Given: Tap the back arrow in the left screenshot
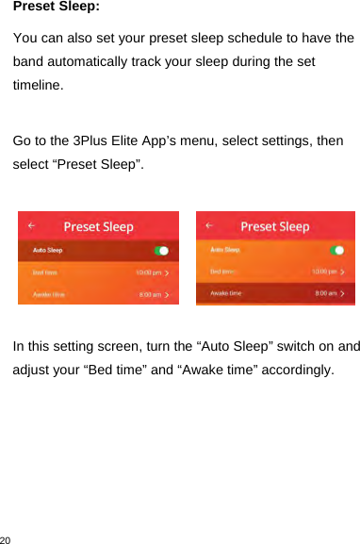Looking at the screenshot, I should (32, 226).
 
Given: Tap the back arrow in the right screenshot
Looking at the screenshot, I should (209, 226).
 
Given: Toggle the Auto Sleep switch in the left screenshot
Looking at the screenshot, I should (161, 251).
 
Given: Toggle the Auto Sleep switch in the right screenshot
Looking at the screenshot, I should (338, 251).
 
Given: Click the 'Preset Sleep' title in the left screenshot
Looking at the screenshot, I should (98, 226).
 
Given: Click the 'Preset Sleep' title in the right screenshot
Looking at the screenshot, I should (275, 226).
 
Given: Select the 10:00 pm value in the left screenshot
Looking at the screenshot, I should (149, 272).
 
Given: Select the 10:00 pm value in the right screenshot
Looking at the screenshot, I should (326, 272).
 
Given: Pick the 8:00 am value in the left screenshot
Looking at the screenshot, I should (151, 294).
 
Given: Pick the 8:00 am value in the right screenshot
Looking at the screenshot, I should (328, 294).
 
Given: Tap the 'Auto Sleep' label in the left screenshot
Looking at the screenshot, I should (48, 251).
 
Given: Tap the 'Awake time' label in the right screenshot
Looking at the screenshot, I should (226, 294).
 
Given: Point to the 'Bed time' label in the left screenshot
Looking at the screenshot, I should (45, 272).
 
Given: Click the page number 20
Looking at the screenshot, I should (7, 538).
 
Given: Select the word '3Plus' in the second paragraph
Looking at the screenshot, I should (92, 140).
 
